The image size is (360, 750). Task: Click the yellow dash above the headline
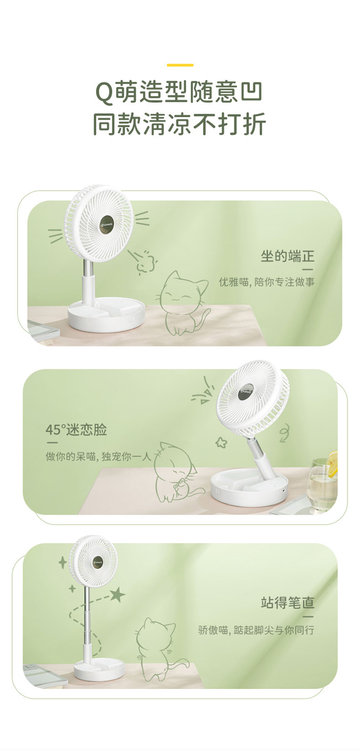(180, 65)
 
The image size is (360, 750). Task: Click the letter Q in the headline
(104, 93)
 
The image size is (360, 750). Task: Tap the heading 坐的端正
(288, 256)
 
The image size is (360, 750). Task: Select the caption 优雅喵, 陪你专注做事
(267, 282)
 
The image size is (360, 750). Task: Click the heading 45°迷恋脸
(76, 430)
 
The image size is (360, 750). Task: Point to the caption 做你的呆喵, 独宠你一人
(98, 456)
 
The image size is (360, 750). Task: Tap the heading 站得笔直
(288, 603)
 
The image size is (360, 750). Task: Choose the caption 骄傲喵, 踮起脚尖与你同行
(256, 630)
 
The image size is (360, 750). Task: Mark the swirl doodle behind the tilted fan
(284, 433)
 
